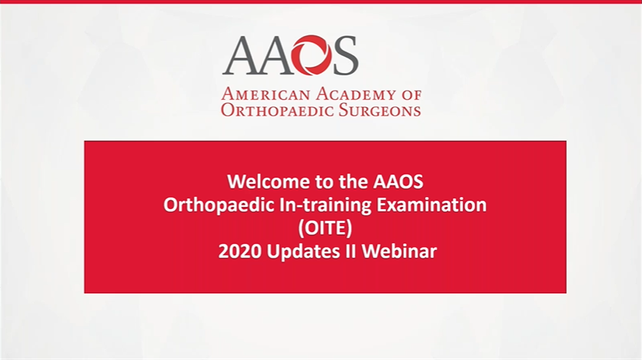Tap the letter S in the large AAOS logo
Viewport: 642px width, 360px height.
[x=345, y=55]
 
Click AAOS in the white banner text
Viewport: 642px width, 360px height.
[x=398, y=182]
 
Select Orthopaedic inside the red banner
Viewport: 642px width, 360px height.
[x=210, y=205]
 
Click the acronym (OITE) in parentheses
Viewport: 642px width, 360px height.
[x=325, y=228]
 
